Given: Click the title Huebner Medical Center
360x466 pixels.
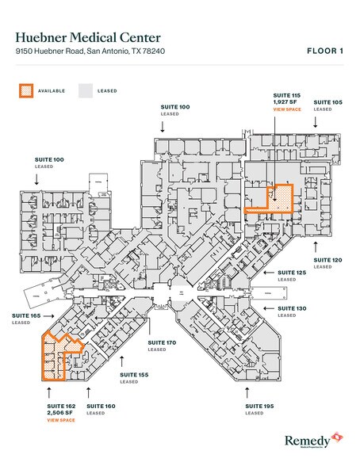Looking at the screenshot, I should click(x=87, y=37).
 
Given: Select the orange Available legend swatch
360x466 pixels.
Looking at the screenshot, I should click(x=27, y=90).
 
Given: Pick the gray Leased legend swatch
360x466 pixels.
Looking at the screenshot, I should click(x=86, y=90).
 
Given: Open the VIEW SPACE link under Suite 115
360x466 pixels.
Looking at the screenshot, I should click(x=285, y=109).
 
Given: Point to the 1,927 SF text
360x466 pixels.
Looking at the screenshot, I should click(x=285, y=102).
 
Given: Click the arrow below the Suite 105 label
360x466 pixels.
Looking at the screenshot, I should click(x=316, y=121).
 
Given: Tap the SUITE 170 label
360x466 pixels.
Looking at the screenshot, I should click(x=161, y=342).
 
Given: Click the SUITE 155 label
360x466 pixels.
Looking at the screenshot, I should click(x=133, y=373).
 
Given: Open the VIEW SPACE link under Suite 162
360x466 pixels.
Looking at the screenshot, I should click(x=60, y=420).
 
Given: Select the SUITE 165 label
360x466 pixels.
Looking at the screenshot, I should click(x=25, y=315).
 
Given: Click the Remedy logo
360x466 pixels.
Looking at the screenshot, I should click(x=312, y=440).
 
